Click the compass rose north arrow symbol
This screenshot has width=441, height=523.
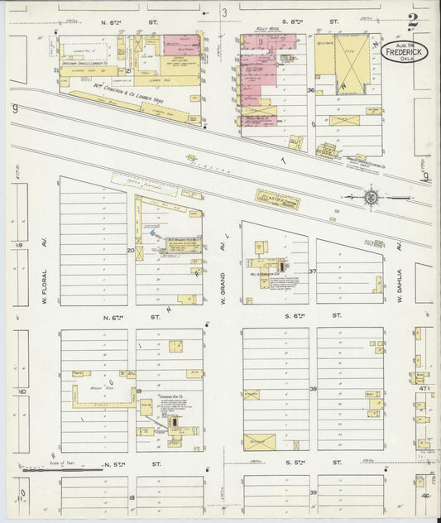click(x=371, y=198)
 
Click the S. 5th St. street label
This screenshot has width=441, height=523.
click(x=311, y=463)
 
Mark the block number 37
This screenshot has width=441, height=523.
click(x=313, y=271)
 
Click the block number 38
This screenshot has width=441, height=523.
click(x=313, y=388)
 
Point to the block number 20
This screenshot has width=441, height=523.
click(x=131, y=249)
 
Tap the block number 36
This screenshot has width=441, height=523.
click(x=310, y=90)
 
